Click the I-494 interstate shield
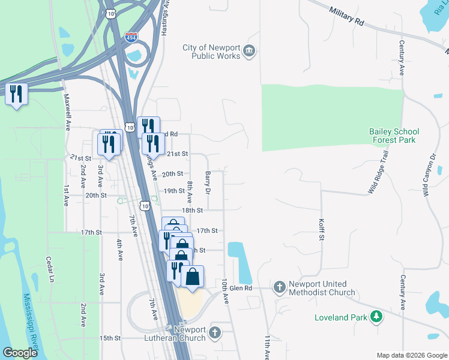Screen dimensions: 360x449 pos(131,37)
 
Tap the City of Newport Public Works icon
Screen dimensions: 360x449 pos(249,52)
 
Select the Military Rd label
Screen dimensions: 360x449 pos(347,16)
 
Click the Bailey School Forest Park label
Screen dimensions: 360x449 pos(393,136)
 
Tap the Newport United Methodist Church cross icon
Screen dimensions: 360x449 pos(279,288)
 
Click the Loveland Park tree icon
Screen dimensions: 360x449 pos(376,316)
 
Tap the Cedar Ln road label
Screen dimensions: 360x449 pos(50,270)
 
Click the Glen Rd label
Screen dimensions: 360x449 pos(240,289)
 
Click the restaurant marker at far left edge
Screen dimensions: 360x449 pos(16,94)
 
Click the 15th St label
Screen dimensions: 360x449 pos(110,338)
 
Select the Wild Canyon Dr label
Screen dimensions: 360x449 pos(429,178)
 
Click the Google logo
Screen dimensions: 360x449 pos(20,353)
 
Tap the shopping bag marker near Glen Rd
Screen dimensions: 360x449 pos(192,277)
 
